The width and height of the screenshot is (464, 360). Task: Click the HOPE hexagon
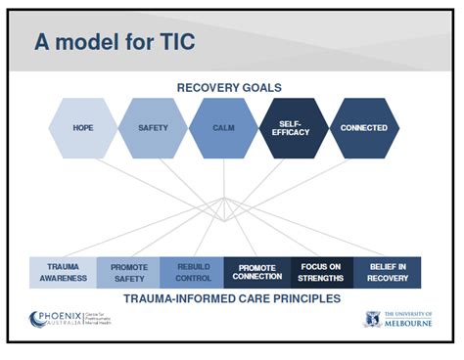[x=82, y=128]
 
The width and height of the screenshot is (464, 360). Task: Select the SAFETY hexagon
[x=153, y=128]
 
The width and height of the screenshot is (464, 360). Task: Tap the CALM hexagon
[x=223, y=128]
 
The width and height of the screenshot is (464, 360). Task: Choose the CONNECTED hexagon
[x=363, y=128]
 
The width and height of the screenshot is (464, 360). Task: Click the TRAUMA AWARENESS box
[x=63, y=272]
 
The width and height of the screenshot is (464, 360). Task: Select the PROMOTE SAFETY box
[x=128, y=273]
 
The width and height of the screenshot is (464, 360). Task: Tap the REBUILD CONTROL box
[x=192, y=272]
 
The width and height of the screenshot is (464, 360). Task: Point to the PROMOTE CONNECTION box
[x=257, y=272]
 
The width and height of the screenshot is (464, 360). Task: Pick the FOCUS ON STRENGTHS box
[x=322, y=272]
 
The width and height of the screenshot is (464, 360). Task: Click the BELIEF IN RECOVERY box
[x=388, y=272]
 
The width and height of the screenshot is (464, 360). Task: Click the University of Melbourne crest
[x=372, y=320]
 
